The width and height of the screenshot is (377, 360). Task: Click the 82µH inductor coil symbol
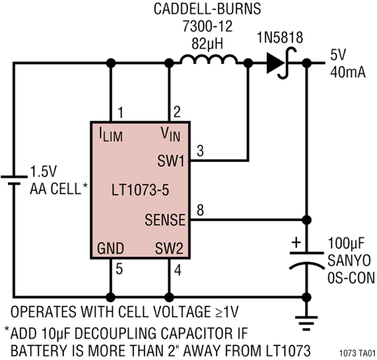point(207,63)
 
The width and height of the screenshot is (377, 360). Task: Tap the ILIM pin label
point(111,137)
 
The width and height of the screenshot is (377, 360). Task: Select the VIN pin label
point(171,137)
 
